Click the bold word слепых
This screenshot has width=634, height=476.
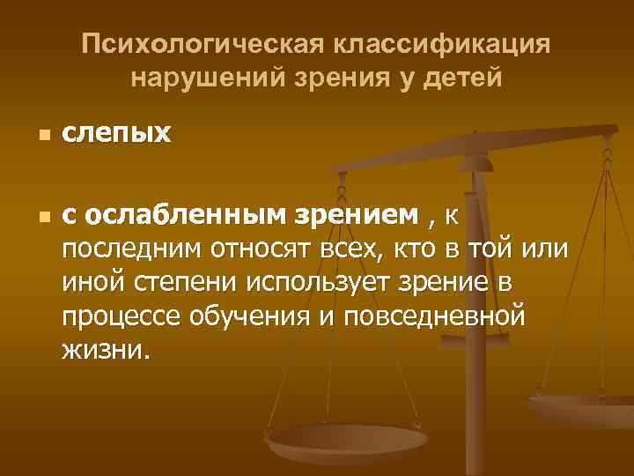click(116, 136)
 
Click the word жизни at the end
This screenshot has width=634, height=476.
click(106, 351)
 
